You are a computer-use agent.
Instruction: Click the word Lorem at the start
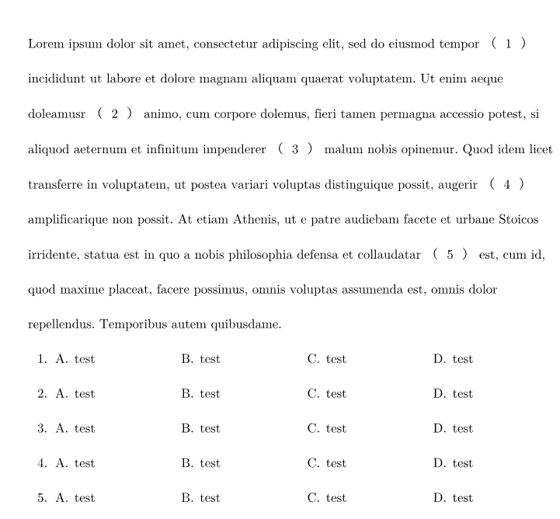coord(44,44)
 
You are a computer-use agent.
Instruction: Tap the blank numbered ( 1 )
coord(509,44)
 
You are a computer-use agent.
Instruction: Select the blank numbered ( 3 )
coord(295,150)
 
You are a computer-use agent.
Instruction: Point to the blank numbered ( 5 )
coord(450,254)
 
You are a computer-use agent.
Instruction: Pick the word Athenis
coord(256,220)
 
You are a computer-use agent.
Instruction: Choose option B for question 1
coord(200,359)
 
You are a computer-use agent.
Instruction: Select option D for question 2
coord(453,394)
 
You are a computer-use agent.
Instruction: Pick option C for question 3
coord(327,429)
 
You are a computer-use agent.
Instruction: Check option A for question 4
coord(75,464)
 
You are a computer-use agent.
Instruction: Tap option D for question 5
coord(453,498)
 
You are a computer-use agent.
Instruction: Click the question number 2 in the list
coord(42,394)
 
